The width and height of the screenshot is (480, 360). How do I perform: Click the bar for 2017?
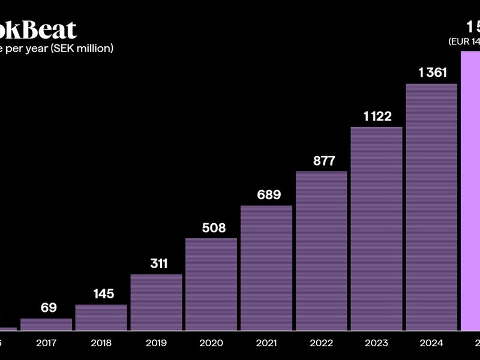pos(46,324)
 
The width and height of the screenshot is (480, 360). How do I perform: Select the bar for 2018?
pos(101,317)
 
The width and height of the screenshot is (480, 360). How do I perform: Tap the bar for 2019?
pos(156,302)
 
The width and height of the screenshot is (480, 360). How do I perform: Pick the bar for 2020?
pos(211,284)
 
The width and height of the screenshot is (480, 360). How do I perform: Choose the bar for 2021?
pos(266,268)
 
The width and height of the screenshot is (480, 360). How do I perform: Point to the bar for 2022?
pos(322,251)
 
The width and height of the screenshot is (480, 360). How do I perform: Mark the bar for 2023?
pos(376,229)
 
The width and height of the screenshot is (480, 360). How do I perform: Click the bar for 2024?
pos(431,207)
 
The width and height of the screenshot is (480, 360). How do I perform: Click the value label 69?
pos(49,308)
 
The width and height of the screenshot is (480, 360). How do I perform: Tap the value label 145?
pos(103,294)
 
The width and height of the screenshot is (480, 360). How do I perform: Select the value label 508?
pos(214,227)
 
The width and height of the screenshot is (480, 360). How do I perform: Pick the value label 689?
pos(269,195)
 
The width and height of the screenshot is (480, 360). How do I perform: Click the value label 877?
pos(324,161)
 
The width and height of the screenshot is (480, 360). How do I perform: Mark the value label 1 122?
pos(378,116)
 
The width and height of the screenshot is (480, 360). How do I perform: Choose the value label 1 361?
pos(433,73)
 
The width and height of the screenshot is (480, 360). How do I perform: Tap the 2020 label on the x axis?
pos(211,343)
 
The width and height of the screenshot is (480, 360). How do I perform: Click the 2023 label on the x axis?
pos(376,343)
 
